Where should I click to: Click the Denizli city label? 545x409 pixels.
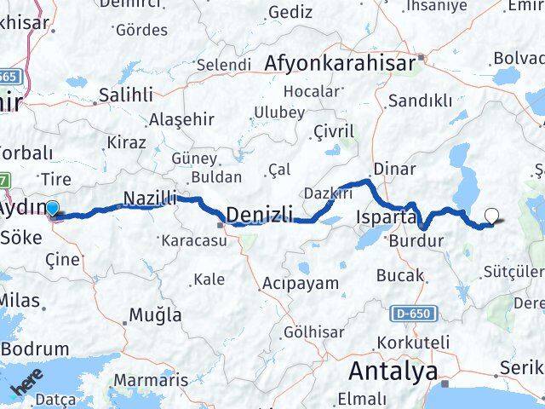pos(261,214)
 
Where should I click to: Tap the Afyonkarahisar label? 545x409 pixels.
pos(341,63)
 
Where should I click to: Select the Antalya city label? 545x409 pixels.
pos(394,372)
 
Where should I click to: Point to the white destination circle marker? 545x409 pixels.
pos(492,216)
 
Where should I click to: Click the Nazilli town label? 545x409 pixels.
pos(150,199)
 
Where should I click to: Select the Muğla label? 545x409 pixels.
pos(154,315)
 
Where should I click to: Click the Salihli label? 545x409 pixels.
pos(126,94)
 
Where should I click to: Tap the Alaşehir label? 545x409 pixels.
pos(178,119)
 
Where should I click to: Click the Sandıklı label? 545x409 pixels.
pos(420,101)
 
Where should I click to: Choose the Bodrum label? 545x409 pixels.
pos(35,349)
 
